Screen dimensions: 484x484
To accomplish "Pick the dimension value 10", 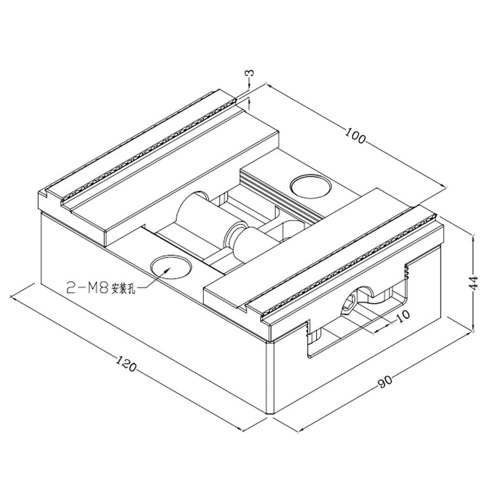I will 402,314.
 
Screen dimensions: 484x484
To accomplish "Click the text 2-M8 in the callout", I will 87,288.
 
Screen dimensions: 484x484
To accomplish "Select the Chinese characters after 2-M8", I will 124,290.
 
